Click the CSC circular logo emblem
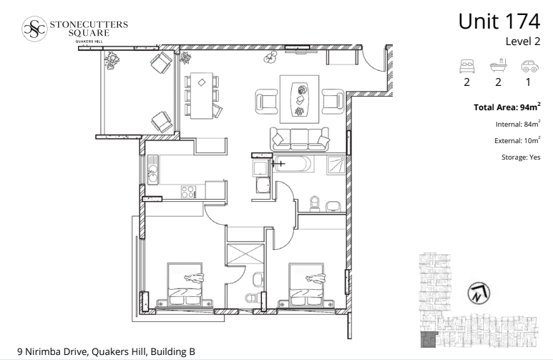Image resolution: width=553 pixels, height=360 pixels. (34, 29)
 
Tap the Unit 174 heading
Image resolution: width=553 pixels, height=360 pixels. (499, 21)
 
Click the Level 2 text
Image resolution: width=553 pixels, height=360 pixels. (523, 42)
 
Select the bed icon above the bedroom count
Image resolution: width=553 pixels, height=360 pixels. (467, 66)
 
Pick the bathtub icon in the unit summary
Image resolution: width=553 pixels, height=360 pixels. (499, 66)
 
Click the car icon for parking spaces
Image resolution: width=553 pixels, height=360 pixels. (529, 66)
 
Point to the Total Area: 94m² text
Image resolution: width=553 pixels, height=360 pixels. (506, 107)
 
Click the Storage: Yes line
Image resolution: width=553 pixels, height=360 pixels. (521, 157)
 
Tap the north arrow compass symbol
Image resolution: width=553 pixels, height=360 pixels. (479, 293)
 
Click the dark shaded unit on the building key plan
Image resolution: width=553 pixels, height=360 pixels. (429, 339)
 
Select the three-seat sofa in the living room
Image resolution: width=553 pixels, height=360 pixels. (300, 139)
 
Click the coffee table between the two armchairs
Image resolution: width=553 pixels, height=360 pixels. (300, 99)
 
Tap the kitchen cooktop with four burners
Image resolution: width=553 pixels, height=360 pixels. (188, 192)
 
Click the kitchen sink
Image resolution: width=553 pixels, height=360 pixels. (153, 170)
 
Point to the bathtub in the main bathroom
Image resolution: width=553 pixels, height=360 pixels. (295, 164)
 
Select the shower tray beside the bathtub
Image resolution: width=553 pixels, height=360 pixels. (336, 165)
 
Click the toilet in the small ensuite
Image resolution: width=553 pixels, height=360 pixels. (253, 298)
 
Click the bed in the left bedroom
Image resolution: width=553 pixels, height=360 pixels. (185, 285)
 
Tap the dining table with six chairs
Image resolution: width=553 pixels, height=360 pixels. (202, 96)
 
